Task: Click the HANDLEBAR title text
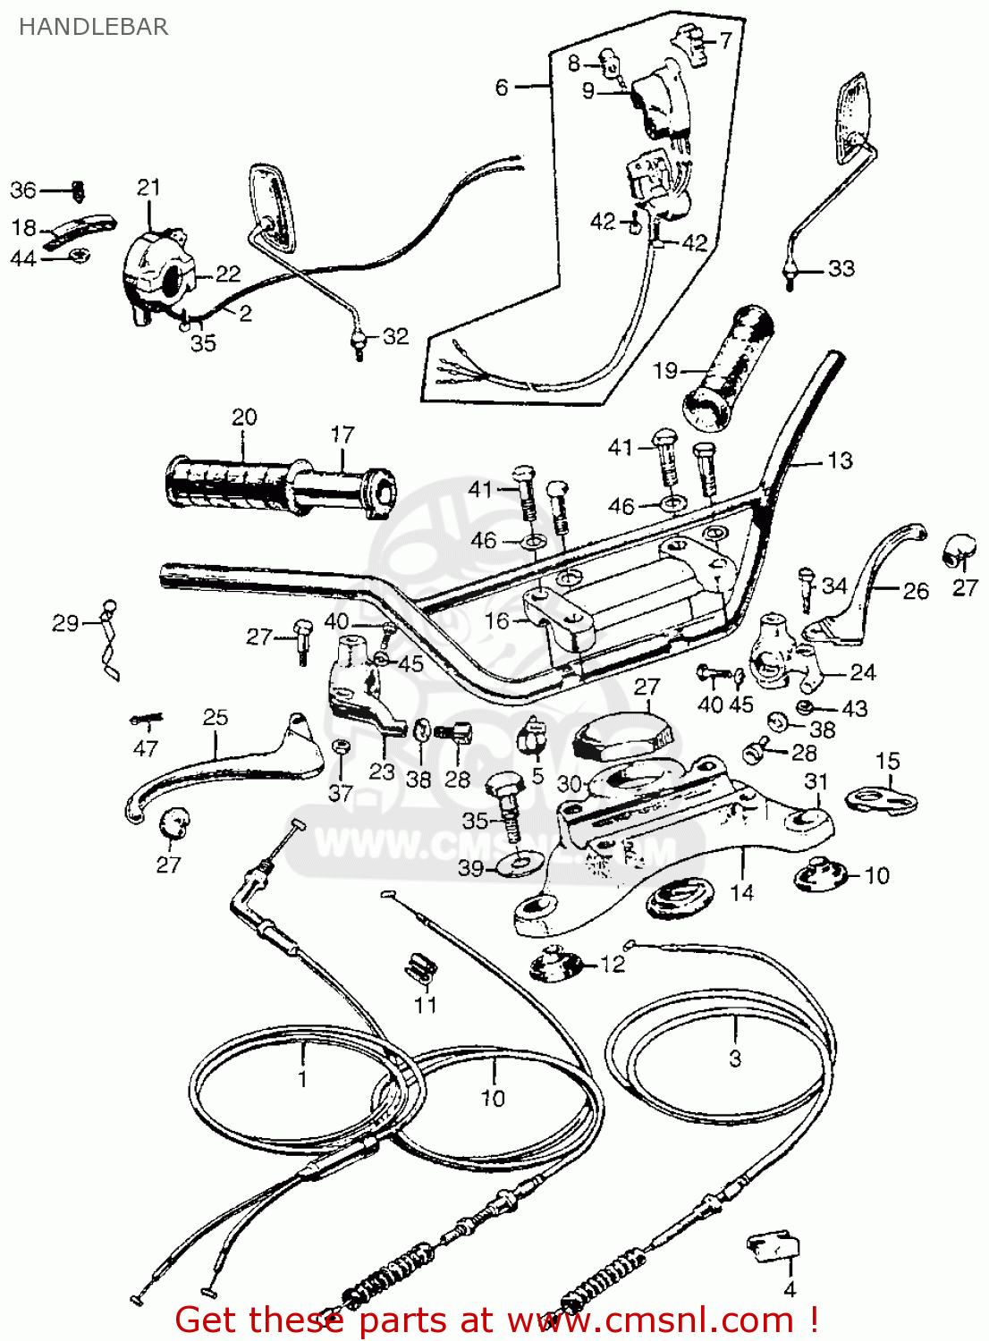[x=93, y=27]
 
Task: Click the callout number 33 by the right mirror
[x=841, y=268]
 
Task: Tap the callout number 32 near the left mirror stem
[x=395, y=336]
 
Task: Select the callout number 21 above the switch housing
[x=148, y=188]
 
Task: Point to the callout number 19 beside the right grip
[x=665, y=370]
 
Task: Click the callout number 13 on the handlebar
[x=840, y=460]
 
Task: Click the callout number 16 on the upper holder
[x=496, y=620]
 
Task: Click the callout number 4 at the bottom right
[x=789, y=1289]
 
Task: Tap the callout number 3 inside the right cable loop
[x=734, y=1058]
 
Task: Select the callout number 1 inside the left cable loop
[x=302, y=1078]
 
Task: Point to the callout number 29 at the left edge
[x=65, y=623]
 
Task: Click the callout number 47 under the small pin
[x=145, y=748]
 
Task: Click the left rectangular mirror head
[x=272, y=206]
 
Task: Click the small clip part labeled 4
[x=773, y=1244]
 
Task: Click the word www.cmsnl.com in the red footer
[x=650, y=1320]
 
